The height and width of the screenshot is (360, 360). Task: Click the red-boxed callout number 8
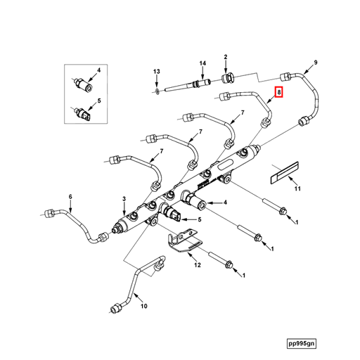pos(279,92)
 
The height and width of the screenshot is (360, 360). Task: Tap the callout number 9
pos(316,63)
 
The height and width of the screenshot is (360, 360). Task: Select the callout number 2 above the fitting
pos(226,57)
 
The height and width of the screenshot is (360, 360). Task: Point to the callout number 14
pos(202,63)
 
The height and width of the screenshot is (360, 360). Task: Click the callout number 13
pos(157,71)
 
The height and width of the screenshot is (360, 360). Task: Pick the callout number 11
pos(297,188)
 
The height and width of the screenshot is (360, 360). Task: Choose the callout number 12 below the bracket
pos(198,265)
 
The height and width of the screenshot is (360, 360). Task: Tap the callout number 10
pos(144,306)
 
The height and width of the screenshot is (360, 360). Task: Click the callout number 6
pos(70,197)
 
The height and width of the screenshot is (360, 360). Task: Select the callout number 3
pos(124,199)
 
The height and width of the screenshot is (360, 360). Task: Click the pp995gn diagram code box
pos(302,344)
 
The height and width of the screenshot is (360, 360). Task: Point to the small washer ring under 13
pos(157,91)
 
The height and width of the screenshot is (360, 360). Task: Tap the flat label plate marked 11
pos(285,173)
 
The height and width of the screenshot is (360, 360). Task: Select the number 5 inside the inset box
pos(99,101)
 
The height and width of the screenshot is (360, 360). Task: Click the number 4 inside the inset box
pos(99,70)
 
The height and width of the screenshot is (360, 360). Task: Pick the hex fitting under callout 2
pos(228,78)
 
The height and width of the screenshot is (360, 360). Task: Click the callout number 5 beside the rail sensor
pos(200,219)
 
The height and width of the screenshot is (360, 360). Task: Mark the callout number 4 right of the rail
pos(225,202)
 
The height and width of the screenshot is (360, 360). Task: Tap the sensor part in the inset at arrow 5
pos(83,113)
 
